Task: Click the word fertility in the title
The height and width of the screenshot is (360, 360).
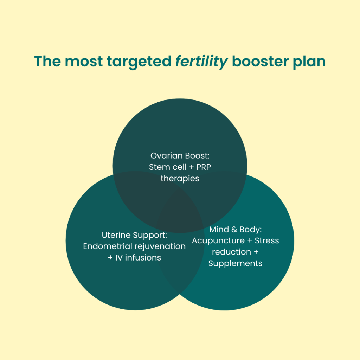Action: [x=201, y=62]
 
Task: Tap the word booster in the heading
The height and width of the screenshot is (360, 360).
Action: [x=260, y=62]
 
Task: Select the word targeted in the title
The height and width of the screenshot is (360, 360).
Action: [x=139, y=62]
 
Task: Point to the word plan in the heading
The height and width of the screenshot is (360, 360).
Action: [x=309, y=62]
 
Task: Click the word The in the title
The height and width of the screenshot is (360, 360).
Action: [x=47, y=62]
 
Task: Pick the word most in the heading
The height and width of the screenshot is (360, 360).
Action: [x=84, y=62]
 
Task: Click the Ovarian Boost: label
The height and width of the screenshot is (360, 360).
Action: [x=180, y=156]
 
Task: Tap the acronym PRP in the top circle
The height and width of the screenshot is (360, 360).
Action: [x=204, y=167]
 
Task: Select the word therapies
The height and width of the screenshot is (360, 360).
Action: [x=180, y=178]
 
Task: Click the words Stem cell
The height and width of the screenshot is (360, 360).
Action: [x=168, y=167]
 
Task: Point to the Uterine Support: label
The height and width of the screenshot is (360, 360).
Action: [x=134, y=235]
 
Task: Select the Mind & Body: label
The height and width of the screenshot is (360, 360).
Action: [x=235, y=229]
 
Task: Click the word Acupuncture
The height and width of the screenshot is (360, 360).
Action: [x=218, y=241]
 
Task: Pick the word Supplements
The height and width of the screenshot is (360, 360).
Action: [x=235, y=264]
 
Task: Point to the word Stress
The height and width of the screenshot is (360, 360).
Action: [x=267, y=240]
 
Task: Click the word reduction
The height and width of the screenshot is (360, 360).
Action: [x=231, y=252]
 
